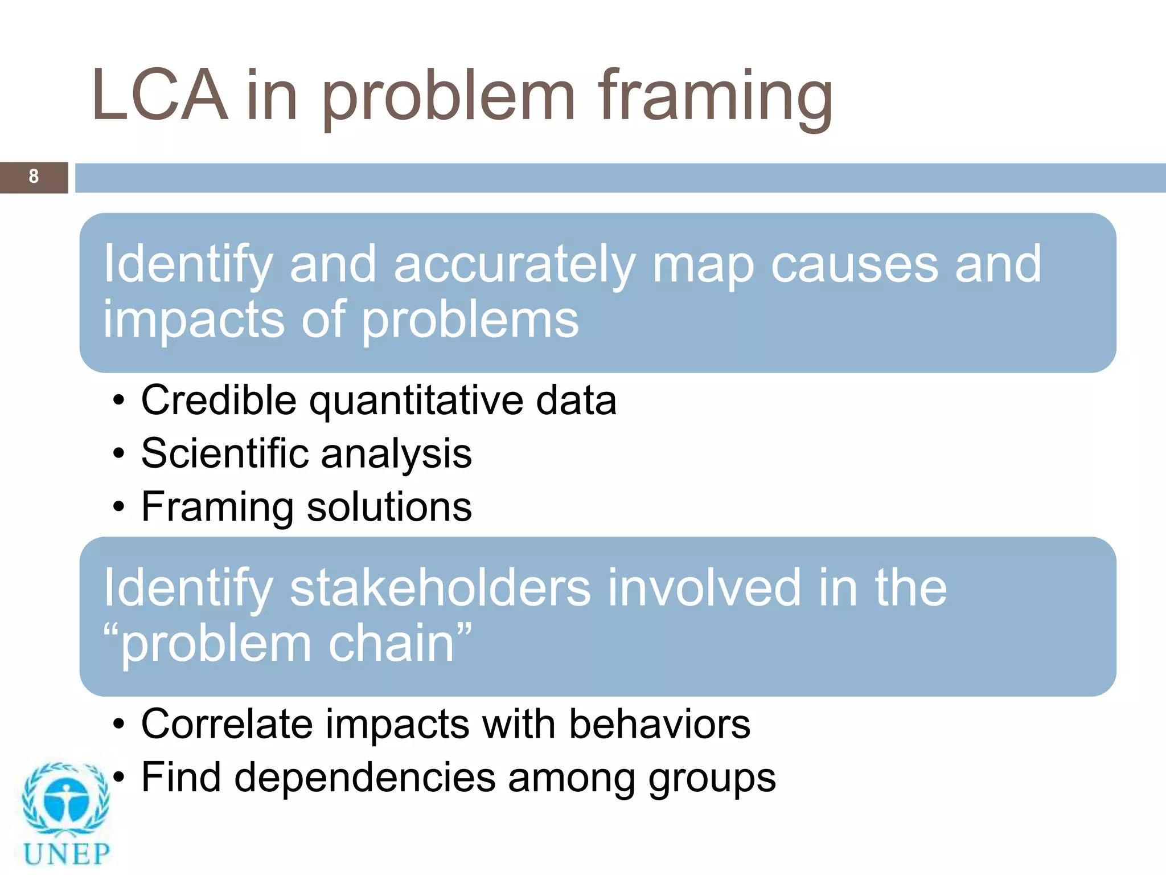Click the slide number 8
(34, 177)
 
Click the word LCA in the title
(160, 96)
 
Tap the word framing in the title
(716, 97)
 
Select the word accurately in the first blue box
(514, 265)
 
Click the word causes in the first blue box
(854, 265)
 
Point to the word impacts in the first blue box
(194, 320)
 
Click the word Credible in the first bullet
(219, 400)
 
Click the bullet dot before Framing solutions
(118, 506)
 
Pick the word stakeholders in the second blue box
(440, 588)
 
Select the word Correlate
(227, 725)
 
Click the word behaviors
(660, 725)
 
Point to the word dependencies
(365, 778)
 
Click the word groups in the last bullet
(712, 779)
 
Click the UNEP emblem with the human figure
(66, 800)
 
